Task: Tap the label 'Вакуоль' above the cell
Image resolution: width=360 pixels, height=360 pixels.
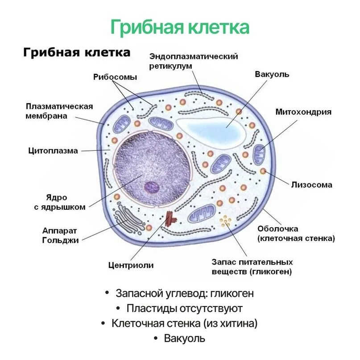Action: click(272, 74)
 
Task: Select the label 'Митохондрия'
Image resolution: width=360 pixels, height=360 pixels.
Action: click(303, 112)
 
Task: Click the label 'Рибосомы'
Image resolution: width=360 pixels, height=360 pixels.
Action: click(115, 77)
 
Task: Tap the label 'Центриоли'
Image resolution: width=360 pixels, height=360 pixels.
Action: click(131, 265)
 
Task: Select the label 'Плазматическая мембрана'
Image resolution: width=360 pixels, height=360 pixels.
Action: click(59, 111)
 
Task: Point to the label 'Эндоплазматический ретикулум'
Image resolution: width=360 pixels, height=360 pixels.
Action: click(193, 61)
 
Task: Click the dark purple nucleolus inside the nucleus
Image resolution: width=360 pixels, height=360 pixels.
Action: click(151, 187)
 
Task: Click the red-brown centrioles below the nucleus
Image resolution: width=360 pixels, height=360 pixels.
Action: click(170, 219)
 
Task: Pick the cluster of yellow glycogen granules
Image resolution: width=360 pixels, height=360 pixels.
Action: click(225, 221)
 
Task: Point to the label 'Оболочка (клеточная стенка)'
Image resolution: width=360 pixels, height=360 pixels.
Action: click(296, 233)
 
